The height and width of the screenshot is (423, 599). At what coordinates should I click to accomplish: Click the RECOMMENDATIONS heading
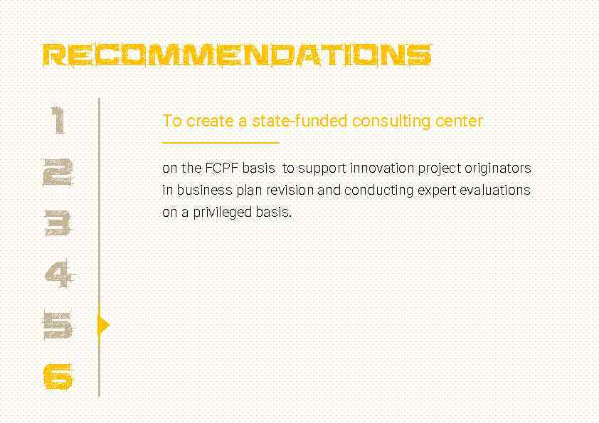(x=237, y=55)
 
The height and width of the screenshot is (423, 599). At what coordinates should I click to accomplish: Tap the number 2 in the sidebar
(x=58, y=172)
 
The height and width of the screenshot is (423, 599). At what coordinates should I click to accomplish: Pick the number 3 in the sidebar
(x=58, y=223)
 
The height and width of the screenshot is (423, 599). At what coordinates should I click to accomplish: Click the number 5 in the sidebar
(x=58, y=326)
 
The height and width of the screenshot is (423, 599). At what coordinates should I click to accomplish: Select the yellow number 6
(x=58, y=376)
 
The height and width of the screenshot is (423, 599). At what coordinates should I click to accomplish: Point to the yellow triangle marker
(x=103, y=326)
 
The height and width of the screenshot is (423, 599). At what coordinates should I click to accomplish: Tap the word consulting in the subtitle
(x=391, y=121)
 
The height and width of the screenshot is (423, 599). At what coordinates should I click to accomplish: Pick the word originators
(x=498, y=168)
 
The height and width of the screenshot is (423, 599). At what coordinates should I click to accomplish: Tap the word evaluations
(x=495, y=191)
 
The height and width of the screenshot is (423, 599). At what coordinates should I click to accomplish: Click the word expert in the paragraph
(x=438, y=191)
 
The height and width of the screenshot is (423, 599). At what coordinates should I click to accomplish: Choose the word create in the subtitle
(x=211, y=121)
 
